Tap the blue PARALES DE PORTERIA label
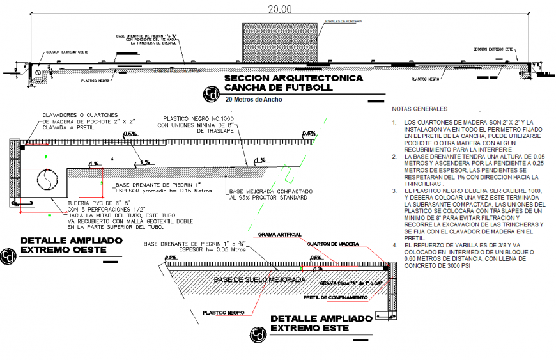coord(343,21)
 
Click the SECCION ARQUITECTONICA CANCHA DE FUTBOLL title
coord(293,82)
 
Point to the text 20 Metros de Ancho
coord(253,100)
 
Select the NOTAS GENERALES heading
coord(420,109)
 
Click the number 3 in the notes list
coord(396,191)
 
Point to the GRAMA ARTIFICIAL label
coord(280,235)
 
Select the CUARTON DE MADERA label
coord(332,244)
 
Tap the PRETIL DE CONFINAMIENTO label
coord(336,297)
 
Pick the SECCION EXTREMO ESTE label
coord(494,49)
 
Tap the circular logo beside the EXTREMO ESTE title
coord(258,334)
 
